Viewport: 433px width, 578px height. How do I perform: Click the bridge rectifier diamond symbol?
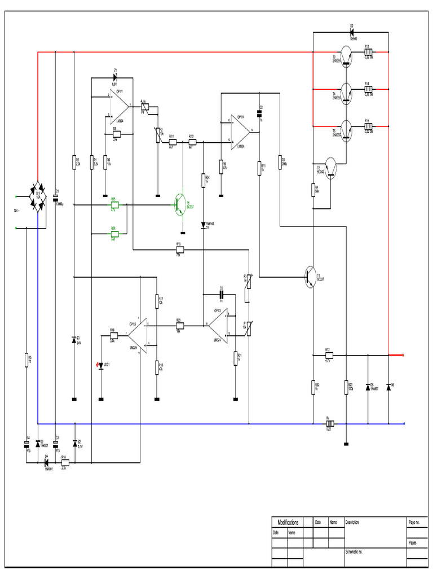(38, 197)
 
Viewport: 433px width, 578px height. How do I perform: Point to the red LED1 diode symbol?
(100, 365)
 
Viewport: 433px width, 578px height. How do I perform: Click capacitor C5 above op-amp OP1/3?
(221, 294)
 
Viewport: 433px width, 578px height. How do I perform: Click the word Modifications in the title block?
(288, 523)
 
